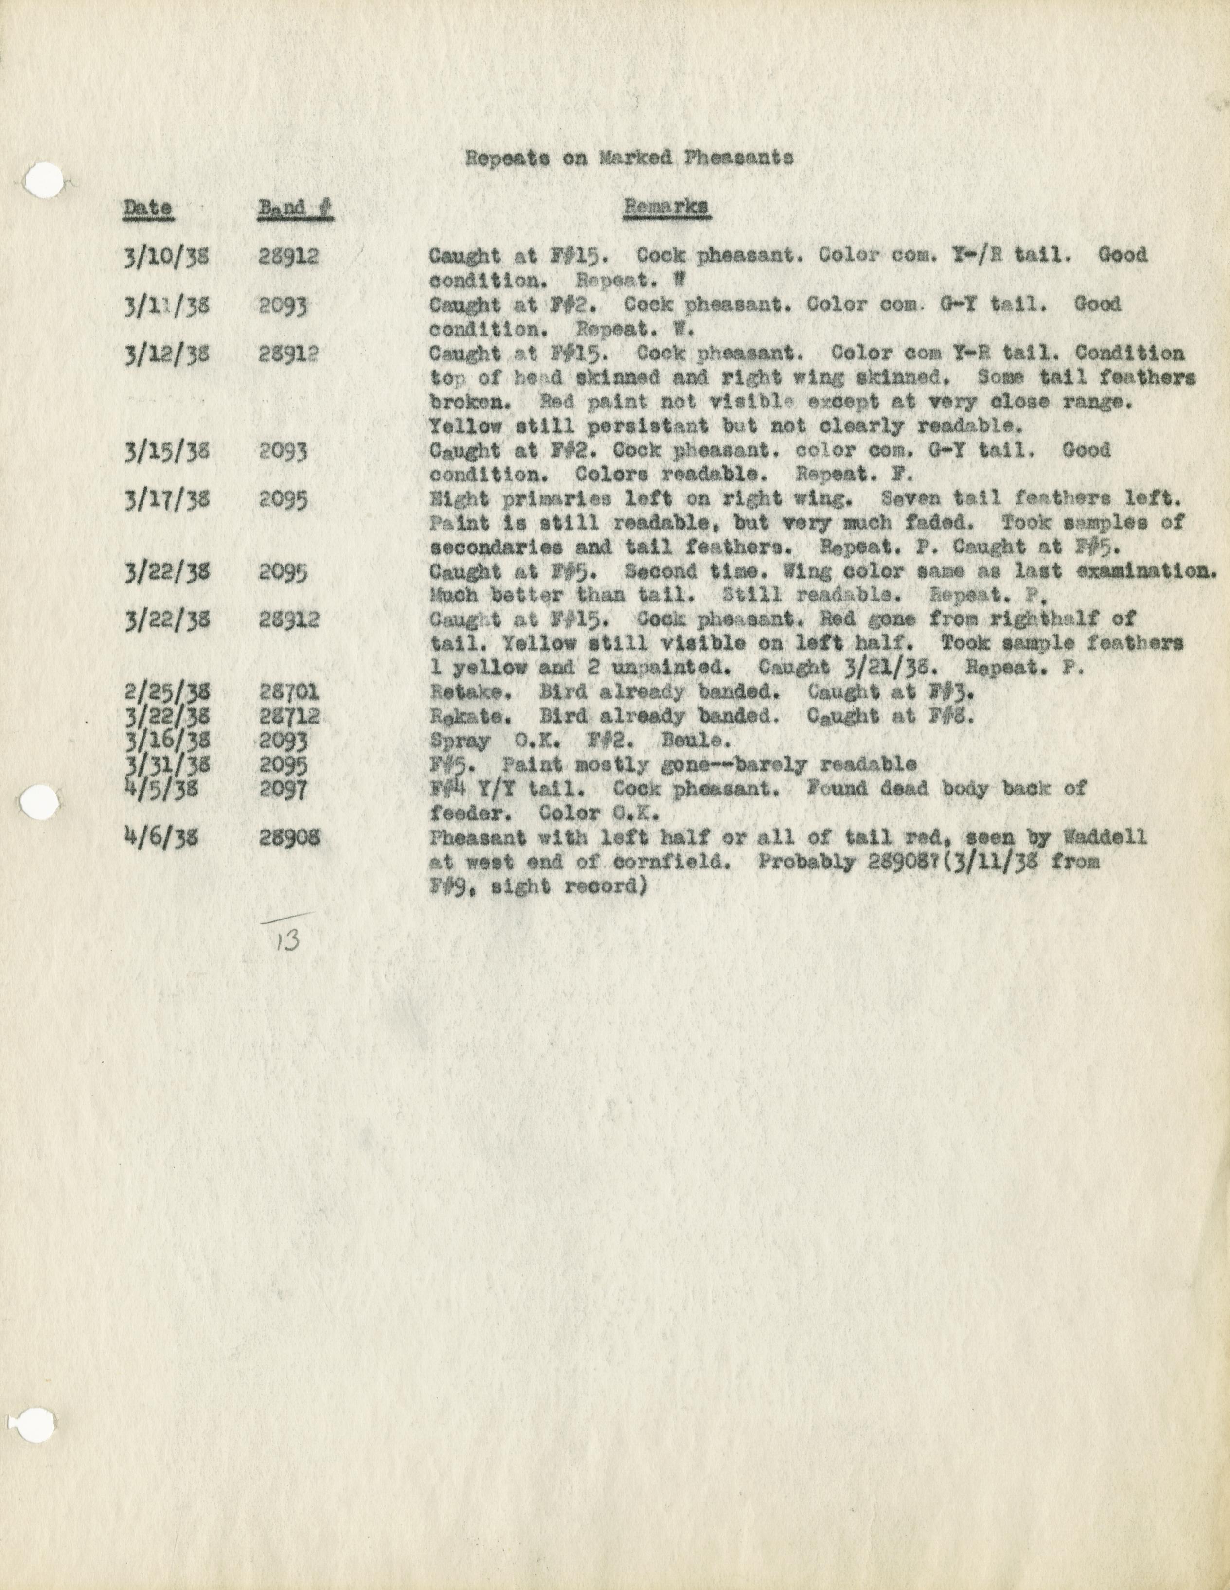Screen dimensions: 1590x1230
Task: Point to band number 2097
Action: [283, 790]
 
